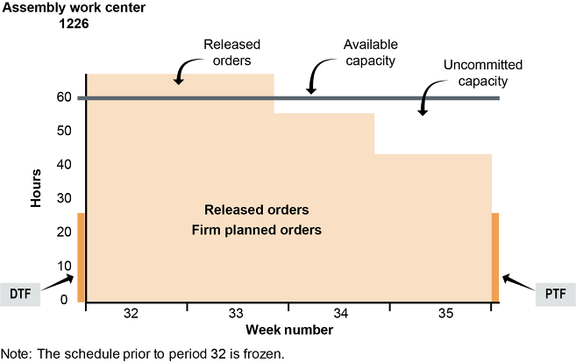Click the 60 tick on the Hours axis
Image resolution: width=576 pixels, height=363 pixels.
tap(63, 97)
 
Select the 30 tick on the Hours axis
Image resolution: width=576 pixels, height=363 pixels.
tap(63, 199)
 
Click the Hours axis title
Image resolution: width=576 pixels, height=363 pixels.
tap(37, 189)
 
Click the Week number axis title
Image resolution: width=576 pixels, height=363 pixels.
tap(288, 331)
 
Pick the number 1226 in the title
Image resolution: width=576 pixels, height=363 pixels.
tap(75, 24)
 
